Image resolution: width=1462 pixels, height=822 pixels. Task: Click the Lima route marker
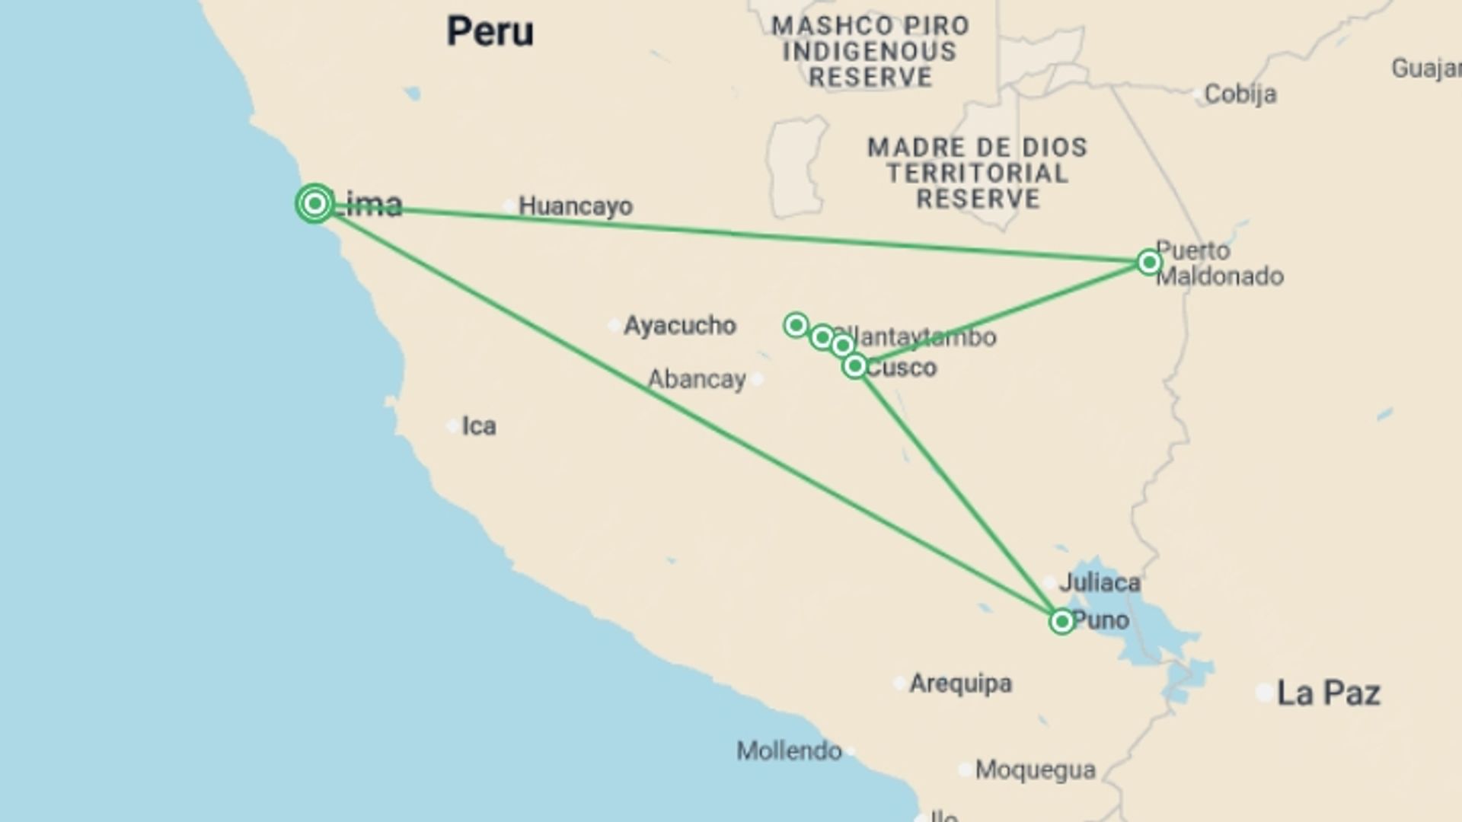click(x=314, y=203)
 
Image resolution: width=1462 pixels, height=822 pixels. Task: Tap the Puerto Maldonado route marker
click(x=1149, y=263)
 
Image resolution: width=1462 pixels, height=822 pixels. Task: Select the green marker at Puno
click(x=1061, y=622)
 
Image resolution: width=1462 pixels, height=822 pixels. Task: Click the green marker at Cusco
click(x=854, y=367)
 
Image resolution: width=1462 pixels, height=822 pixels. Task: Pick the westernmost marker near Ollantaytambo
click(x=796, y=326)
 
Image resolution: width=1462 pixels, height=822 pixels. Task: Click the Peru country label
click(x=490, y=32)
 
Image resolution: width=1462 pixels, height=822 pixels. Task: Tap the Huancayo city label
click(x=575, y=206)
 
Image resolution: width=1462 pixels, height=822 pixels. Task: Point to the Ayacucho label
click(x=679, y=326)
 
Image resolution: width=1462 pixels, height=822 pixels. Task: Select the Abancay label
click(x=696, y=379)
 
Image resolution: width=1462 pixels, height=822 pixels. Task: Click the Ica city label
click(x=479, y=425)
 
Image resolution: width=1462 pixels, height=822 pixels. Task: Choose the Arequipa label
click(x=960, y=683)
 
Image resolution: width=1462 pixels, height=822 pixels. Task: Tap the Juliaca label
click(x=1100, y=583)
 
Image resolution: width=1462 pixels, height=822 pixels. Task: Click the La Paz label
click(x=1328, y=693)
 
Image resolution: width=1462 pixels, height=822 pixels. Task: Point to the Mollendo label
click(x=789, y=751)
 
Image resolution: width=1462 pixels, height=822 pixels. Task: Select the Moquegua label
click(x=1035, y=769)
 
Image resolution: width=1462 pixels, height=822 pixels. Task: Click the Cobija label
click(x=1240, y=94)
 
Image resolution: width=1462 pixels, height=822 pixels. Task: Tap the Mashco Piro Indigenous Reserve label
click(x=870, y=52)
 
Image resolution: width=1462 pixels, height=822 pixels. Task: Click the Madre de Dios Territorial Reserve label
click(x=978, y=174)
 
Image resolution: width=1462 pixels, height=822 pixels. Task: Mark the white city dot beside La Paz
click(x=1264, y=693)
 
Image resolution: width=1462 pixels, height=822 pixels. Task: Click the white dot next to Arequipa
click(x=899, y=683)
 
